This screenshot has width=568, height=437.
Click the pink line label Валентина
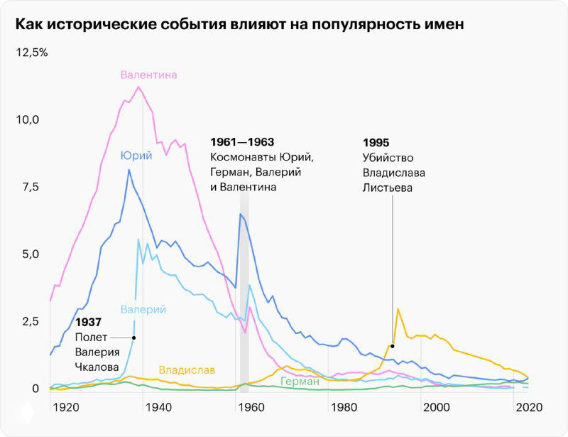148,75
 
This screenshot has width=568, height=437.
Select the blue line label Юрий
136,156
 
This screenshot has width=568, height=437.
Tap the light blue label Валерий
143,309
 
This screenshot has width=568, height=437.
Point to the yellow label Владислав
187,370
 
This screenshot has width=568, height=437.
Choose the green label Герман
300,382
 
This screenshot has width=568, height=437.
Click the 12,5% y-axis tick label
31,53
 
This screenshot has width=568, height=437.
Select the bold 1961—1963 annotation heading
242,142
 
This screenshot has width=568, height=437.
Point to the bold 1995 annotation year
376,142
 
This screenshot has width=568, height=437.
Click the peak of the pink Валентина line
138,87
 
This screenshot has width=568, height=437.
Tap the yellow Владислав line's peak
398,308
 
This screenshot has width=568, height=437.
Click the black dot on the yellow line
392,346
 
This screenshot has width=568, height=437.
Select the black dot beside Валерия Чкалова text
134,338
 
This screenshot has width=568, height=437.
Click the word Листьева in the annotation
387,188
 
